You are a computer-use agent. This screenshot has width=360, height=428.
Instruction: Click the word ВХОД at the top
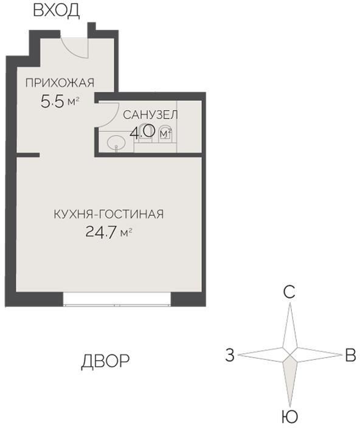click(55, 10)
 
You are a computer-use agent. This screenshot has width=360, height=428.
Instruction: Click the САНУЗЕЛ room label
click(150, 115)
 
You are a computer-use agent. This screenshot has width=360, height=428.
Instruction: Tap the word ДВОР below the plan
click(105, 361)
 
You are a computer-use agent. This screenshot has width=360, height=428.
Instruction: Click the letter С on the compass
click(289, 292)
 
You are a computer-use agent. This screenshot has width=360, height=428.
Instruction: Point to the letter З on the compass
click(229, 355)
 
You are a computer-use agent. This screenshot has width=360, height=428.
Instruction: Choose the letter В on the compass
click(350, 355)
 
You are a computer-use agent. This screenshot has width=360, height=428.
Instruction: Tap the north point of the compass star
click(290, 322)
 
